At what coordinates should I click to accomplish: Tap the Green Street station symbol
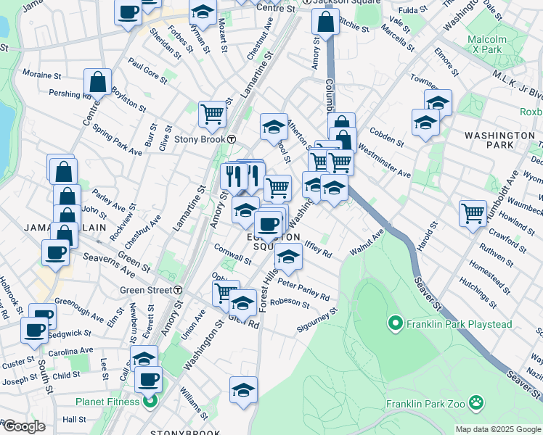177,290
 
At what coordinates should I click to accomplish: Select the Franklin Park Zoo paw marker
476,402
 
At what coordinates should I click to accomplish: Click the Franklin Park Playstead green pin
396,324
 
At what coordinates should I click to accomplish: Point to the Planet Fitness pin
150,402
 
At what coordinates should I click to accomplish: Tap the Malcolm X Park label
486,43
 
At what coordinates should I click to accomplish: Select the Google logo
23,426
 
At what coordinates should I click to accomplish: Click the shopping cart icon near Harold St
473,214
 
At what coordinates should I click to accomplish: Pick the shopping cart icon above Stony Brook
211,113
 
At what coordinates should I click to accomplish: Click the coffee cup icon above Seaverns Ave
56,253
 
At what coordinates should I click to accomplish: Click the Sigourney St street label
317,322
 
